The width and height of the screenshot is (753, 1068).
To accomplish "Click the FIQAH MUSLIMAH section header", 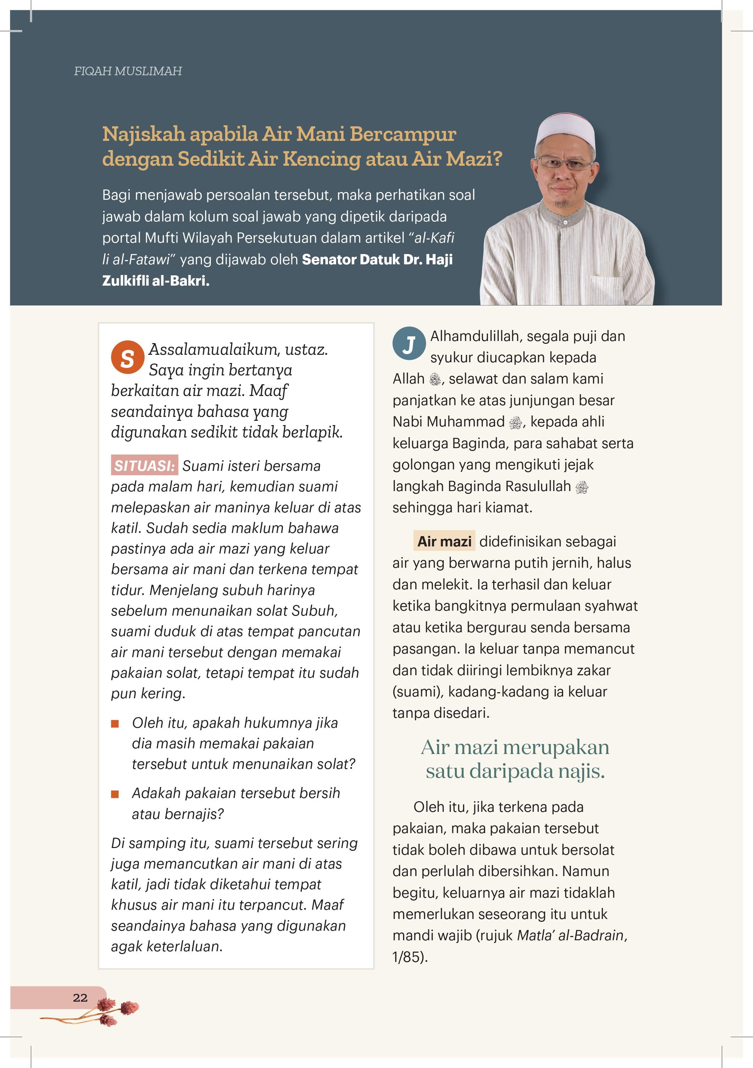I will [x=128, y=71].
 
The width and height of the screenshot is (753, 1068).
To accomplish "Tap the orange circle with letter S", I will [x=127, y=357].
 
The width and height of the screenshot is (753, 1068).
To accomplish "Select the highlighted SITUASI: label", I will [x=144, y=465].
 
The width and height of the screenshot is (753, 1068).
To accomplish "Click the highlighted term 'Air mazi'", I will [x=444, y=541].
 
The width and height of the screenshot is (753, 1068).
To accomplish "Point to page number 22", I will [x=80, y=998].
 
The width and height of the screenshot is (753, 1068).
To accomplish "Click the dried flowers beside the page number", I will [x=112, y=1011].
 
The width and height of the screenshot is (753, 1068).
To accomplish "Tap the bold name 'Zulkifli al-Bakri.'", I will [x=156, y=281].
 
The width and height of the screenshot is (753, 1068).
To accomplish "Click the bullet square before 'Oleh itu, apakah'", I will [x=115, y=723].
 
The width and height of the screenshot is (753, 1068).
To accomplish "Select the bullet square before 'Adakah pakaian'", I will [x=115, y=794].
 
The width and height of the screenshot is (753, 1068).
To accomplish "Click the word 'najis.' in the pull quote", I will [x=581, y=771].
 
